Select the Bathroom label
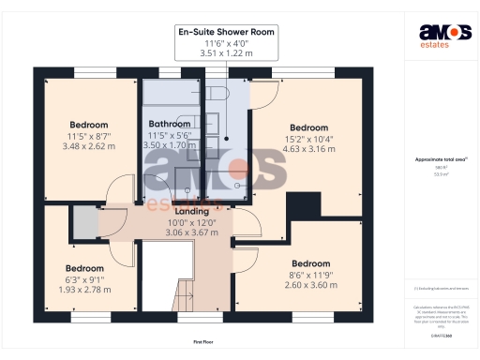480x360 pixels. pos(170,124)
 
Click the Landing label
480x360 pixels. pos(192,212)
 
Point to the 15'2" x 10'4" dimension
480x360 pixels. pos(308,139)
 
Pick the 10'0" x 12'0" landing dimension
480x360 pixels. pos(192,223)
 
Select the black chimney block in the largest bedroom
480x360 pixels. pos(303,203)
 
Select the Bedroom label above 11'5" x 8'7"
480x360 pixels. pos(89,125)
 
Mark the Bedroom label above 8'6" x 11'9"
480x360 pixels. pos(310,263)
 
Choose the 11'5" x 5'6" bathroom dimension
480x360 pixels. pos(170,136)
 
